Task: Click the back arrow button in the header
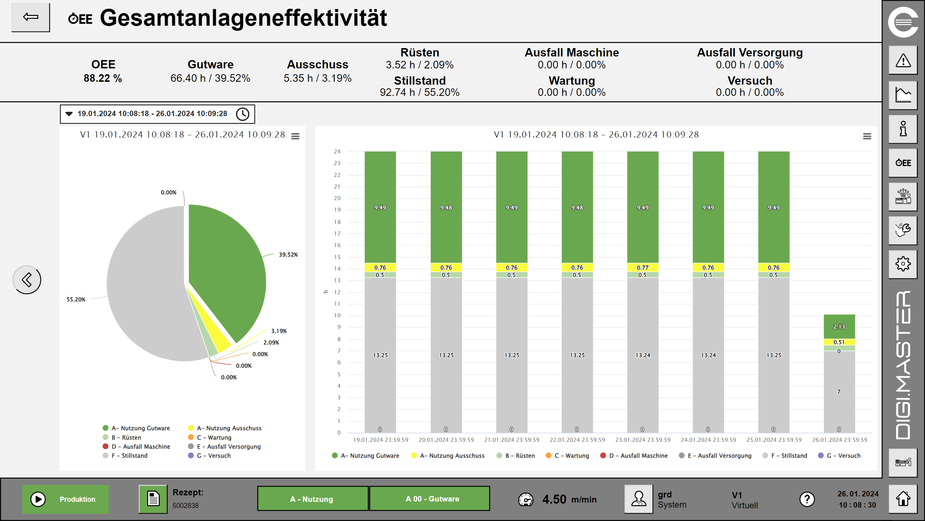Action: [31, 17]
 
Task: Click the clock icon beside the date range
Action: [242, 114]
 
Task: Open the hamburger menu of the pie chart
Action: [295, 136]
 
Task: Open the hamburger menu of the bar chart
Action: [867, 136]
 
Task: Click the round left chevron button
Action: [27, 280]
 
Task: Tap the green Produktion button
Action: [65, 499]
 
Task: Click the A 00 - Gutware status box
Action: [429, 499]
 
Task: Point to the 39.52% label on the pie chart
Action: [288, 255]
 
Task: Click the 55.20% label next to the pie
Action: [76, 300]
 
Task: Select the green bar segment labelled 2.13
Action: [839, 326]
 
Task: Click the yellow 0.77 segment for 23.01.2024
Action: [642, 267]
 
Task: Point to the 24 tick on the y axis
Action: [337, 152]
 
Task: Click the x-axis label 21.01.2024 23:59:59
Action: [512, 440]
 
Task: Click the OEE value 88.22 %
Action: [103, 78]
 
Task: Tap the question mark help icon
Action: [807, 499]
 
